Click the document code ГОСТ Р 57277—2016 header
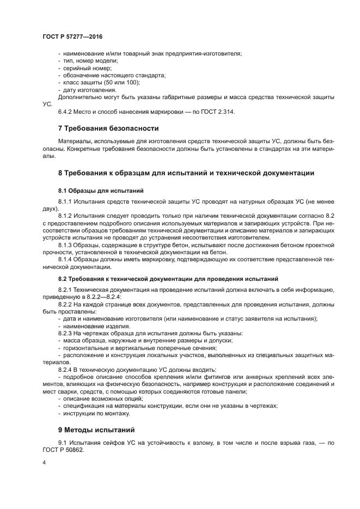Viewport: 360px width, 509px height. coord(72,36)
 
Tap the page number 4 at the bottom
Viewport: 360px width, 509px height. coord(44,462)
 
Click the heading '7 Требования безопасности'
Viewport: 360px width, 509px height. coord(108,129)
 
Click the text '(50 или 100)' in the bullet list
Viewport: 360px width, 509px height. coord(121,82)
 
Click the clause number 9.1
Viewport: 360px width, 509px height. coord(62,442)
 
